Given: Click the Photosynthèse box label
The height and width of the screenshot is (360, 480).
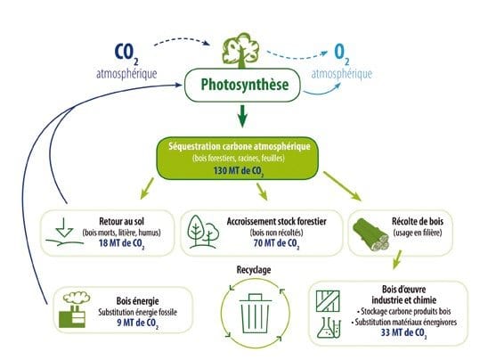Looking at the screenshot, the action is [245, 85].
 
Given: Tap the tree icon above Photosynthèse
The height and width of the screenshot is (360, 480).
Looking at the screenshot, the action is [241, 51].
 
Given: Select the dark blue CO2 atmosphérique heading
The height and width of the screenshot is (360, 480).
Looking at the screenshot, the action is [126, 61].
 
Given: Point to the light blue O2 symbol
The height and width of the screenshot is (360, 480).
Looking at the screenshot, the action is [342, 54].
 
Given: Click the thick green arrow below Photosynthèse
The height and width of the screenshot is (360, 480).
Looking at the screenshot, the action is [242, 116].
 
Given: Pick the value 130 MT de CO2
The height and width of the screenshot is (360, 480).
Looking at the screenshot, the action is [239, 171].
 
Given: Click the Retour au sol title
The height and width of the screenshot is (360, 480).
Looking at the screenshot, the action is [121, 221].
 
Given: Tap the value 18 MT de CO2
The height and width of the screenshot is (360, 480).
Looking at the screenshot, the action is [121, 243].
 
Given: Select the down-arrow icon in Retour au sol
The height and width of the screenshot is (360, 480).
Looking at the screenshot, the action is [65, 227].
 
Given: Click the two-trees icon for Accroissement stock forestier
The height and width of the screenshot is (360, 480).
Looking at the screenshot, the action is [203, 232].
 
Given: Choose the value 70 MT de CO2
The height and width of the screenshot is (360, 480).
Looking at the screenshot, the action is [276, 243].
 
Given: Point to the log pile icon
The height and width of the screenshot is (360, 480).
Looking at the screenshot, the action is [370, 234].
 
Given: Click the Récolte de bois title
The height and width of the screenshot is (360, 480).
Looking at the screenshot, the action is [418, 221].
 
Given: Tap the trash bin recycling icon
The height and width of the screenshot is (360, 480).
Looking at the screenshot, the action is [255, 314].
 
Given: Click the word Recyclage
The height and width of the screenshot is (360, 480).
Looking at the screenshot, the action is [254, 270].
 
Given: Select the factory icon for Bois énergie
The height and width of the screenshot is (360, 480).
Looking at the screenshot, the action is [74, 309].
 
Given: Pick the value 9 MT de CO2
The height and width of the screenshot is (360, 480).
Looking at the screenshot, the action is [138, 323].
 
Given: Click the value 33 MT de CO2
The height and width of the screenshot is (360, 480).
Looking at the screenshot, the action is [403, 333].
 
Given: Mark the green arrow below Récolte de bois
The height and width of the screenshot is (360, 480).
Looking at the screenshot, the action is [397, 259].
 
